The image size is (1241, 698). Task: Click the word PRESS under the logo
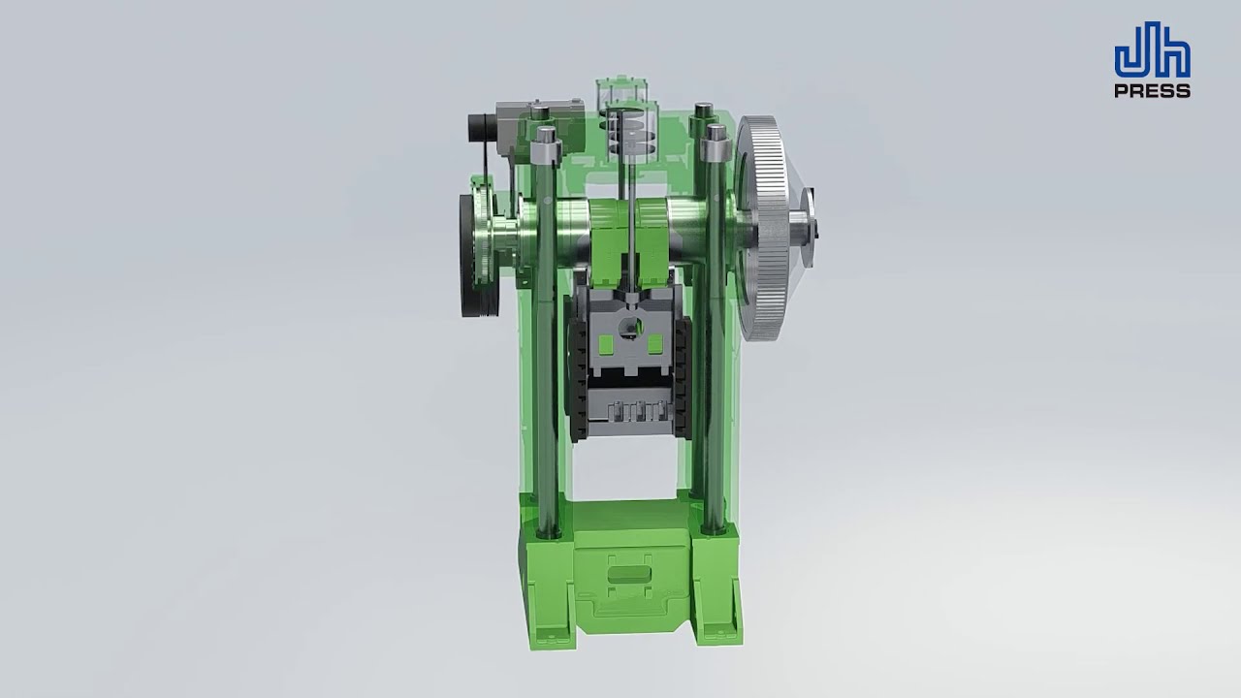[x=1152, y=91]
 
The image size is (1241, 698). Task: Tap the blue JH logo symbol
[x=1152, y=58]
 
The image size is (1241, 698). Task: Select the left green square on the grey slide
[x=607, y=343]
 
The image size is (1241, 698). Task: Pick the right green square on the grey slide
[x=654, y=343]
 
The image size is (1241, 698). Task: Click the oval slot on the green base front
[x=628, y=577]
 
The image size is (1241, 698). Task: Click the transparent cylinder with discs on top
[x=628, y=126]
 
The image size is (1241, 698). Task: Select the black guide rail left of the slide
[x=577, y=378]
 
